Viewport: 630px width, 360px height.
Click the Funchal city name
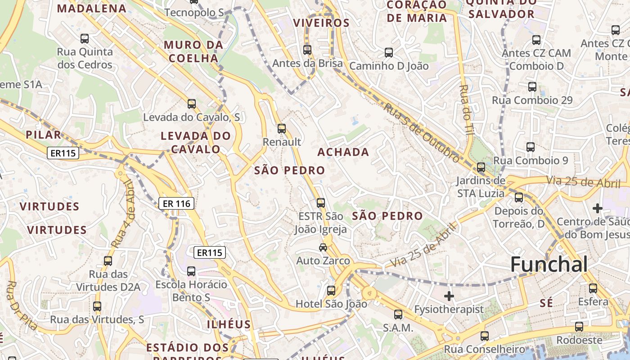549,265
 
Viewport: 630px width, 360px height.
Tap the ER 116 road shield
176,204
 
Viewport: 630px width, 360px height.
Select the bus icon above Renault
282,129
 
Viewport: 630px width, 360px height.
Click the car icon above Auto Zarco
323,247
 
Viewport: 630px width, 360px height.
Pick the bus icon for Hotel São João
331,291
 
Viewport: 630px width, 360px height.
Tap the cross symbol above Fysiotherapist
449,296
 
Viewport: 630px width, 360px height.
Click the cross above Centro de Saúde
597,208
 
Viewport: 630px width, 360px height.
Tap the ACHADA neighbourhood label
343,152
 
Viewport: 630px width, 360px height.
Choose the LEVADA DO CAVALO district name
196,142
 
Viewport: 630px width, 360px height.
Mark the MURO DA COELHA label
193,51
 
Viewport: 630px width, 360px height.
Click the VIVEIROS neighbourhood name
321,23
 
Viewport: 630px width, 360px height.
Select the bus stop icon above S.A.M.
398,315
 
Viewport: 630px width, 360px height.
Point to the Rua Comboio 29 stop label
532,100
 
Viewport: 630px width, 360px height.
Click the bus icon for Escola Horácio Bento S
191,271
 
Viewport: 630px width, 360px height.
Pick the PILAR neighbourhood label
43,135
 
